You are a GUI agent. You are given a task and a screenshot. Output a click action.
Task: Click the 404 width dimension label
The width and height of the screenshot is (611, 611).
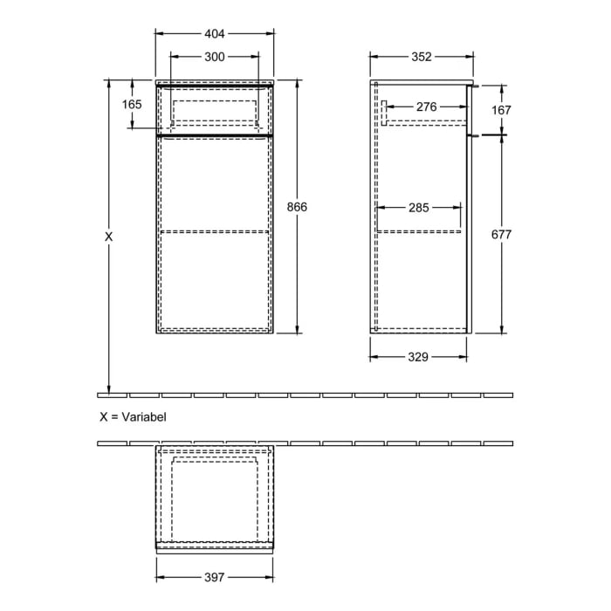215,34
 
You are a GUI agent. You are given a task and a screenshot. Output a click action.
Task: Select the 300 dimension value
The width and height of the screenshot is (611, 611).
215,57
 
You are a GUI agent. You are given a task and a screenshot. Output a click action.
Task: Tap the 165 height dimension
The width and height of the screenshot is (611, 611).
132,104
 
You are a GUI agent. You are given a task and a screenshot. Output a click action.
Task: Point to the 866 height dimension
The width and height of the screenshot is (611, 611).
298,207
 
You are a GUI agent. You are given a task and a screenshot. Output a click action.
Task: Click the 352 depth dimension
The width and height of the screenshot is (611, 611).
422,57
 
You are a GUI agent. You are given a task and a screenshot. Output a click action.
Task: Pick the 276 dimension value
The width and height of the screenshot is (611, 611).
426,106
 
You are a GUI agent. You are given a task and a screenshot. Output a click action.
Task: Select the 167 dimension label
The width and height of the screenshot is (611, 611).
501,110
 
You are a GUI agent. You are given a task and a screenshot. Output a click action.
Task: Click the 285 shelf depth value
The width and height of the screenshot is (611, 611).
419,208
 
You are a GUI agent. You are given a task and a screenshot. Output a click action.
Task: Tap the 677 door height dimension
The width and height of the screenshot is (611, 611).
501,235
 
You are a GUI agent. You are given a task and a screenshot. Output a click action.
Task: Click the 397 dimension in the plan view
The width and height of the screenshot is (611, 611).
215,577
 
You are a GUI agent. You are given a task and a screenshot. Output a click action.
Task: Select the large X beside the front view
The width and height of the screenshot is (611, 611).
109,237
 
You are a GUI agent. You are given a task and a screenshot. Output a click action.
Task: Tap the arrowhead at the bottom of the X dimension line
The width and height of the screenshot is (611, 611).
109,388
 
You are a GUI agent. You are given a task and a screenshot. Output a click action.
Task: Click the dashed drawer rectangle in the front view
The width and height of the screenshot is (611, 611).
215,112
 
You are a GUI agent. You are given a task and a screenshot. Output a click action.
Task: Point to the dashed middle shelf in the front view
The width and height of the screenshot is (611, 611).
215,232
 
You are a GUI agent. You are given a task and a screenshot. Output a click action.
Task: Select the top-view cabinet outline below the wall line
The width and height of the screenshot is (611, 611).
215,498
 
